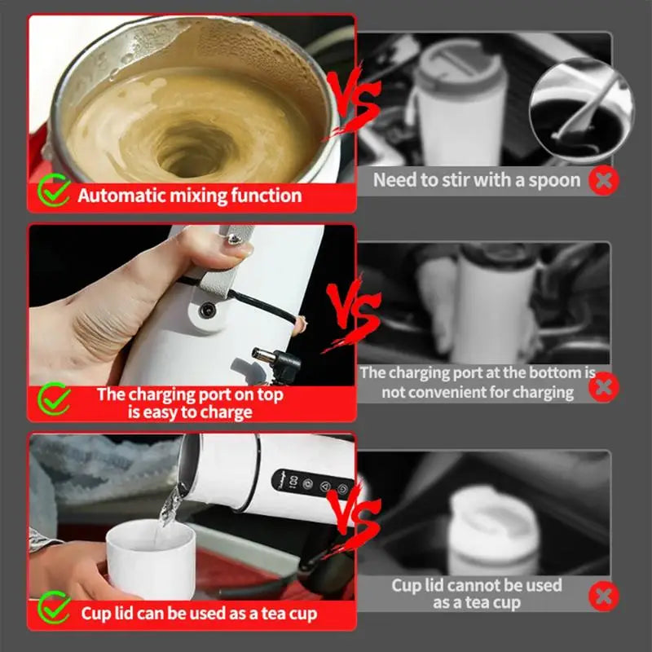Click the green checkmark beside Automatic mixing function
click(55, 193)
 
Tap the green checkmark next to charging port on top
click(55, 400)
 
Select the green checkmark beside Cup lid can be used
click(55, 610)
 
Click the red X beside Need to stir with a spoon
click(603, 180)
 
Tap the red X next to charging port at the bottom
click(603, 385)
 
